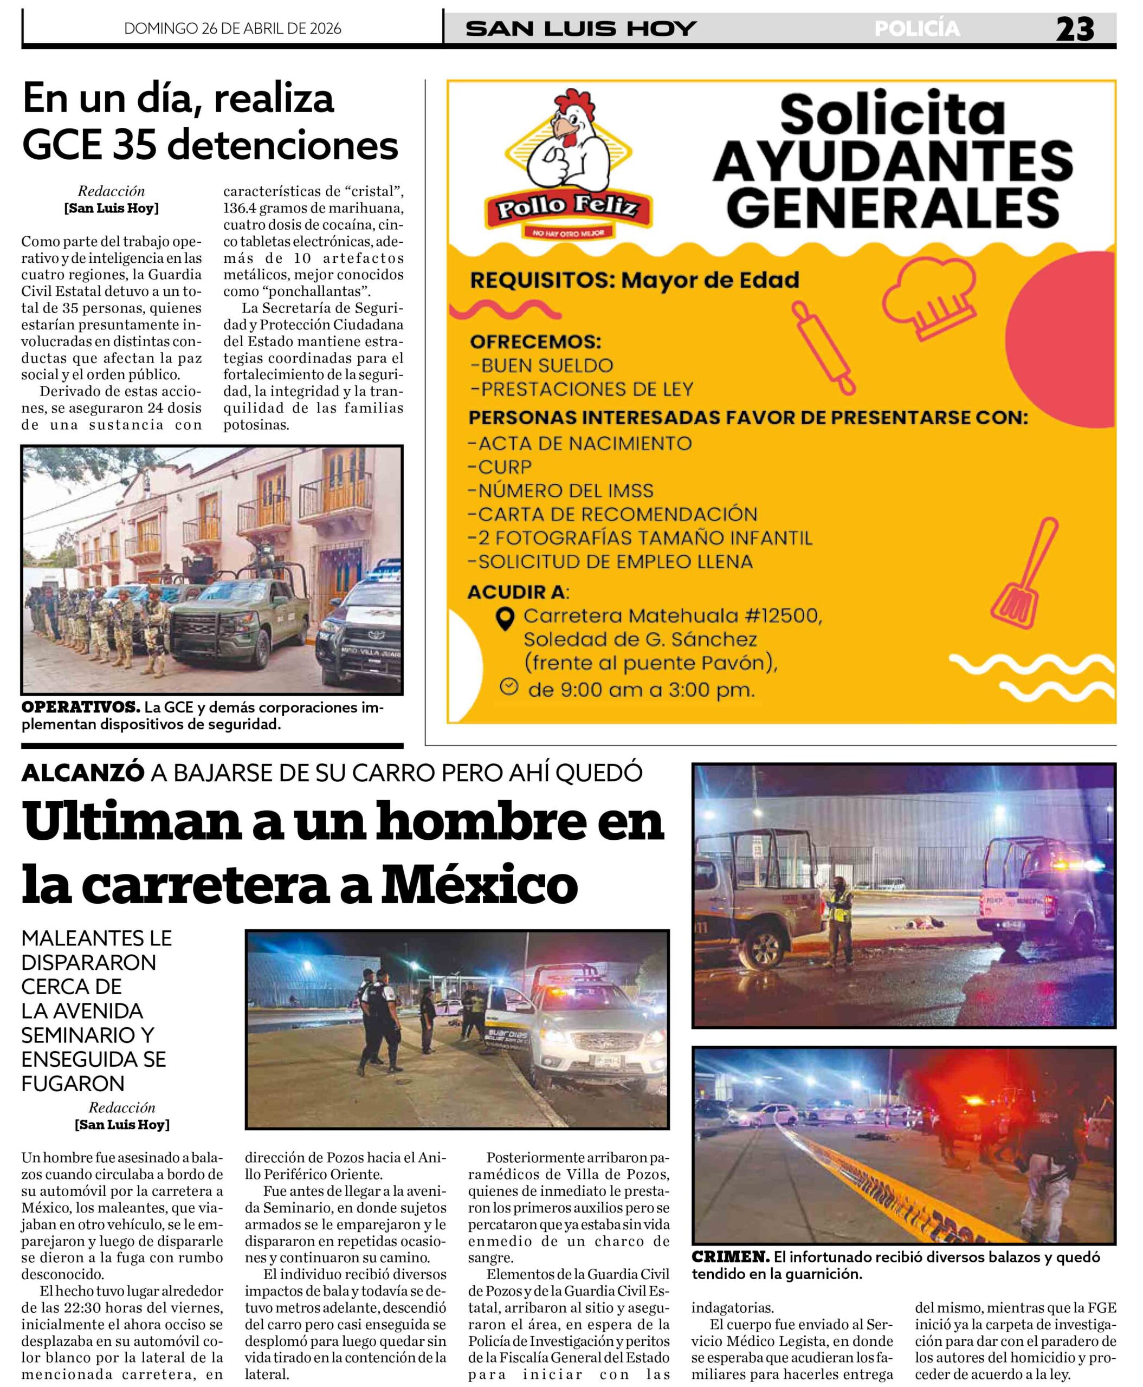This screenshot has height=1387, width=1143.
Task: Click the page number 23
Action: [1075, 29]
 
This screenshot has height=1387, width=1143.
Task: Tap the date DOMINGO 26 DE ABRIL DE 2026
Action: [233, 28]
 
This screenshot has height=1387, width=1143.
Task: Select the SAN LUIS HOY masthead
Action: [581, 28]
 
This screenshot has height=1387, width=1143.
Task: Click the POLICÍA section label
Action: [916, 28]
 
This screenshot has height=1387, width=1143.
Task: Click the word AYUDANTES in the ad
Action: [892, 161]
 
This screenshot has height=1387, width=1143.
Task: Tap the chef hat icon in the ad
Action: [929, 297]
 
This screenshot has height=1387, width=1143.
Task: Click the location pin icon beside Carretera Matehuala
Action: [505, 619]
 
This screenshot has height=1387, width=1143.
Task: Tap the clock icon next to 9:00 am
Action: [508, 686]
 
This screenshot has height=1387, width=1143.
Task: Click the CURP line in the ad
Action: [499, 466]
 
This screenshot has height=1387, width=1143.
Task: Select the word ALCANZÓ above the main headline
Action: [83, 772]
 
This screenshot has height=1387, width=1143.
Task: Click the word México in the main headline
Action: [481, 885]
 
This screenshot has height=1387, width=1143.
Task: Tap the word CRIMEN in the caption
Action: [730, 1256]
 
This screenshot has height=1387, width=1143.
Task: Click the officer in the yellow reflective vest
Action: [839, 916]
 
